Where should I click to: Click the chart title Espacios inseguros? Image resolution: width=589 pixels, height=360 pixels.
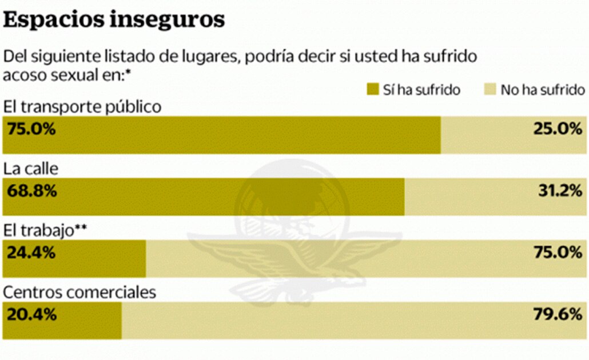[x=114, y=19]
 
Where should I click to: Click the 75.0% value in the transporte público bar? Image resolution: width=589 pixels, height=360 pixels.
[x=31, y=129]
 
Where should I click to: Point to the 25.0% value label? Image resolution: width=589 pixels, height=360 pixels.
[x=557, y=129]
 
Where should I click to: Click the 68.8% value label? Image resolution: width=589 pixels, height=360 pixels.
[x=31, y=191]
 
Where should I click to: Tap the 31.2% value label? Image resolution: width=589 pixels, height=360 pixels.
[x=559, y=191]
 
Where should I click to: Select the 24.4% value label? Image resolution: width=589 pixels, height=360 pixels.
[x=31, y=253]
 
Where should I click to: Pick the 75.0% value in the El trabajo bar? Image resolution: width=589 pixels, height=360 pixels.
[x=557, y=253]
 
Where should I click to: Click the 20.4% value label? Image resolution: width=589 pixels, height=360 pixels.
[x=31, y=314]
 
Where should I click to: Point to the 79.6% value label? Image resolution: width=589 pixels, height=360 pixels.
[x=557, y=314]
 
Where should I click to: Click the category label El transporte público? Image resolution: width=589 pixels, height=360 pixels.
[x=82, y=106]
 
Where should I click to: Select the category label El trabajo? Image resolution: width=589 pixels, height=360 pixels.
[x=39, y=230]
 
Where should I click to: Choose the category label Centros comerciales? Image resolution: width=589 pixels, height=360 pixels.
[x=79, y=292]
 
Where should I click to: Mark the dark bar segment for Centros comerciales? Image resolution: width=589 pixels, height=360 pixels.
[x=86, y=321]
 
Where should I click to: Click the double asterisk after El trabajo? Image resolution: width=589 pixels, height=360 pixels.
[x=81, y=228]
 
